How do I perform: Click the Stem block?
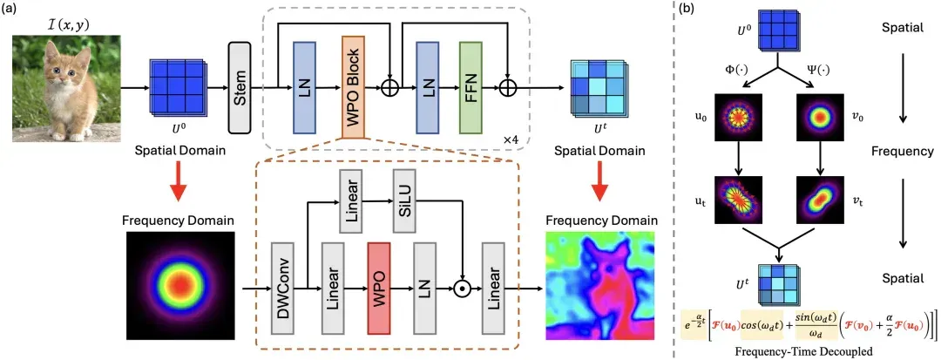pos(240,88)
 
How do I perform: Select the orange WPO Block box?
pos(354,87)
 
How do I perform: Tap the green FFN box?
pos(471,87)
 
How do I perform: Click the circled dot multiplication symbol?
pos(461,289)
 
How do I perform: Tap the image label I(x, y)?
pos(66,24)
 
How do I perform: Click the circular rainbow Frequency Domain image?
pos(178,284)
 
